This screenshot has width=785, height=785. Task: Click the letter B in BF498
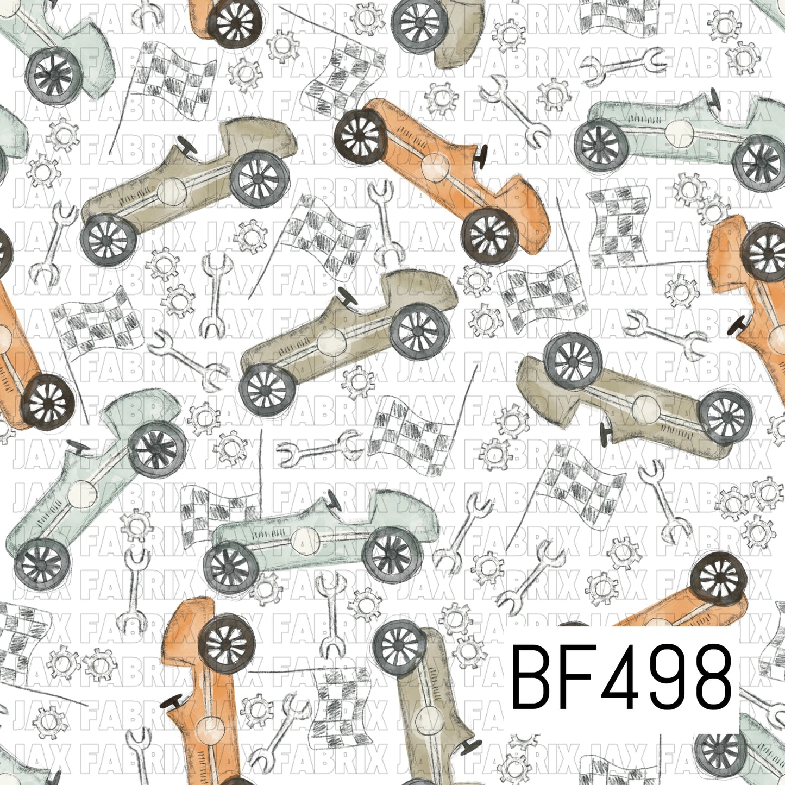(532, 676)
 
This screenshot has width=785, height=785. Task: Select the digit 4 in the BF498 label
(618, 676)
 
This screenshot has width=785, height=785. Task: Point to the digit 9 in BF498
(664, 676)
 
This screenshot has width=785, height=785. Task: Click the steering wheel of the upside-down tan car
(605, 431)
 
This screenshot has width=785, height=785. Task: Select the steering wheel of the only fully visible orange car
(480, 153)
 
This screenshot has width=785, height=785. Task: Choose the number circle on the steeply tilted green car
(83, 493)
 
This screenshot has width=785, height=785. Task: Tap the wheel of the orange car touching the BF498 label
(719, 579)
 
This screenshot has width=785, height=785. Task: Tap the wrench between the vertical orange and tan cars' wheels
(330, 614)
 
